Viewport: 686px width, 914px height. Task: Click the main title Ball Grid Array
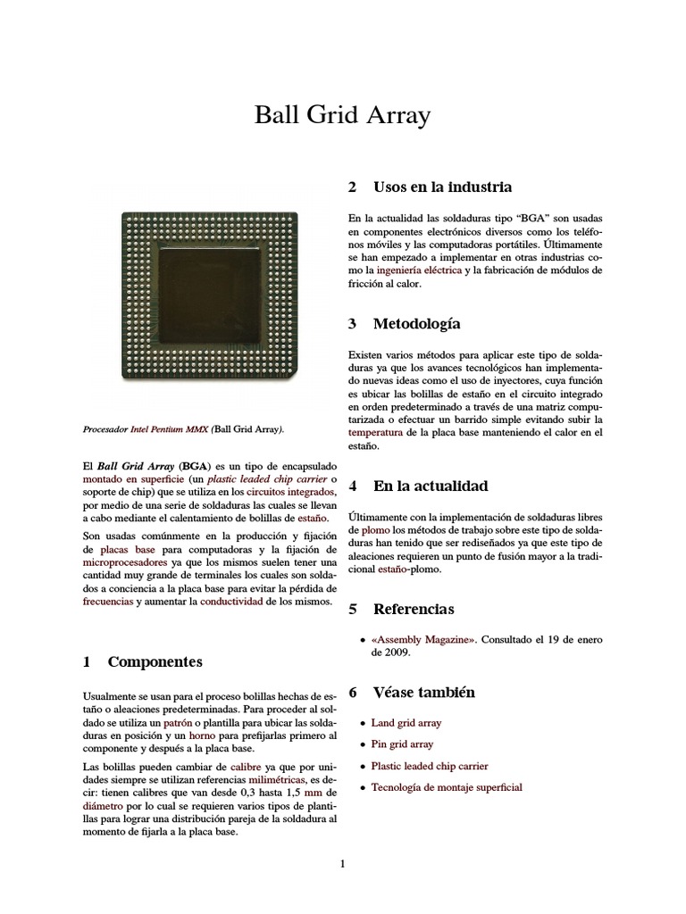pyautogui.click(x=343, y=115)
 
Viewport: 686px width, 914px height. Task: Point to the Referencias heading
pyautogui.click(x=413, y=609)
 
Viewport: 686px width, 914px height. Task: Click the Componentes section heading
pyautogui.click(x=155, y=661)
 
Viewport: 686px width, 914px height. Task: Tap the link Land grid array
pyautogui.click(x=406, y=723)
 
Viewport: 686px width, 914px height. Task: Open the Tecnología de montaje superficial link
pyautogui.click(x=447, y=787)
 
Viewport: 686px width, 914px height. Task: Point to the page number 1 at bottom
pyautogui.click(x=342, y=863)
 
